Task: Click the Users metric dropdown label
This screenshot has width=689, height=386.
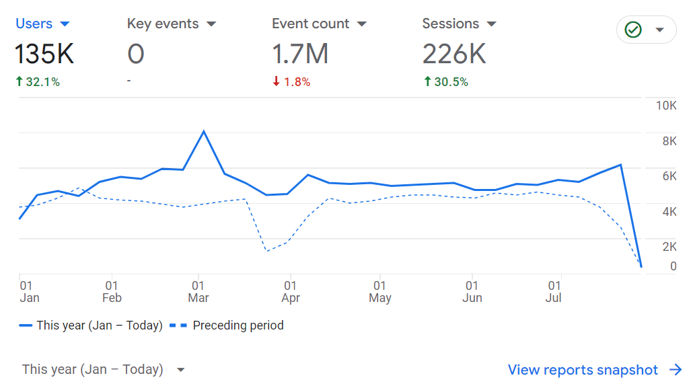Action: tap(42, 24)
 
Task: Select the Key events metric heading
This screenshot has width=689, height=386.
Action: tap(171, 24)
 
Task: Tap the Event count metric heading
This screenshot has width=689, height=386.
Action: tap(319, 24)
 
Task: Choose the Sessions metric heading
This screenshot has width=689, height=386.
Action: tap(459, 24)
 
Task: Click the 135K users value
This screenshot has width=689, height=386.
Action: tap(44, 54)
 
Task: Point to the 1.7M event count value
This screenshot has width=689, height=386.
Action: tap(300, 54)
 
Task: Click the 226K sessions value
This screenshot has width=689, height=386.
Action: tap(454, 54)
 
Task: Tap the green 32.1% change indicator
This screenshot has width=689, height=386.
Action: tap(38, 82)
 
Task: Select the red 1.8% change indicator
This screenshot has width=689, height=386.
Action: tap(291, 82)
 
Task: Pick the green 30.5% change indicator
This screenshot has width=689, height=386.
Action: tap(446, 82)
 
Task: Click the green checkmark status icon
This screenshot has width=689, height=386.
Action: tap(633, 30)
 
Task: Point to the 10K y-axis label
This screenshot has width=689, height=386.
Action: tap(665, 106)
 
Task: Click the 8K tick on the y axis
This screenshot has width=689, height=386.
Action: tap(669, 141)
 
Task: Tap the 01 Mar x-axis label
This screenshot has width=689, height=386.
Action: tap(198, 292)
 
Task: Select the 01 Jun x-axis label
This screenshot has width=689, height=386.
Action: tap(472, 292)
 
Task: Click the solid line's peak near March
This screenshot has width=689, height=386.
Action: tap(204, 131)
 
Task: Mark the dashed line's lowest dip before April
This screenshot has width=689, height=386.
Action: tap(266, 251)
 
